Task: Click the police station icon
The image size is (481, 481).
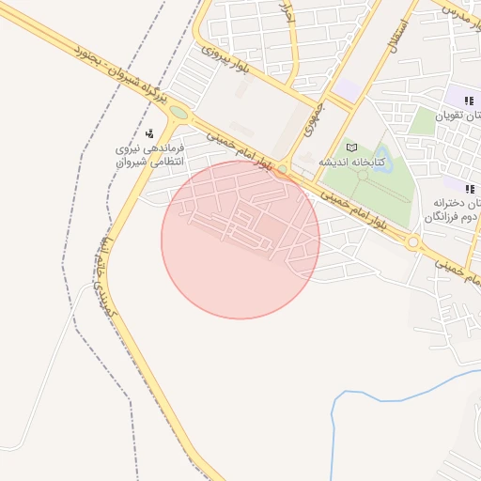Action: (x=151, y=133)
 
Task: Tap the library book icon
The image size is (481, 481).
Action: (x=352, y=147)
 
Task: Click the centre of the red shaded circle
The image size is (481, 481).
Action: (x=240, y=240)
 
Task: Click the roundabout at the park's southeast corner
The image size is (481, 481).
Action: (x=412, y=242)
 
